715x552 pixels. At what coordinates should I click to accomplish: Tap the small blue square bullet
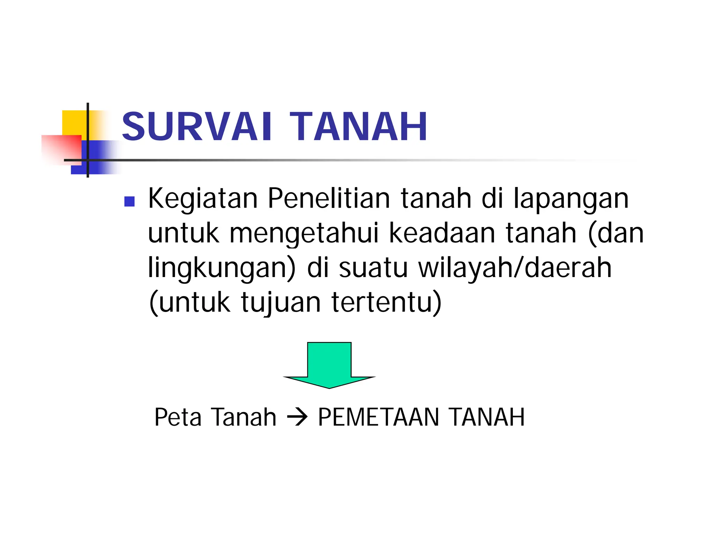(130, 201)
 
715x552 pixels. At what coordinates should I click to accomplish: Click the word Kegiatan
(203, 199)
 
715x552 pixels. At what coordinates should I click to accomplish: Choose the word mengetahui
(304, 234)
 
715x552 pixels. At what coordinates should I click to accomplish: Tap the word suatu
(373, 268)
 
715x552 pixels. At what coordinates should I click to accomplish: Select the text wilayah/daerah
(515, 268)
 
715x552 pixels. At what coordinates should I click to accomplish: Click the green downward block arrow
(329, 365)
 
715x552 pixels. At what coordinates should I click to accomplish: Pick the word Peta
(178, 417)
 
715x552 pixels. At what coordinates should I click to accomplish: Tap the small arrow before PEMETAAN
(297, 418)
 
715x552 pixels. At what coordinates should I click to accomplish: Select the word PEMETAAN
(378, 417)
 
